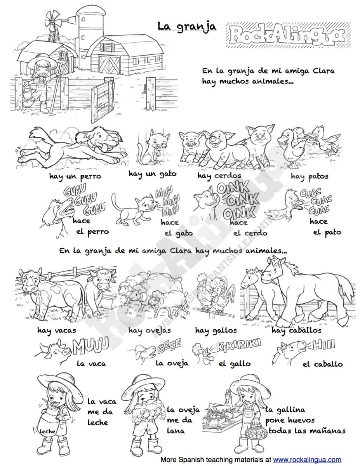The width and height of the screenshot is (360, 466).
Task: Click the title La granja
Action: [187, 26]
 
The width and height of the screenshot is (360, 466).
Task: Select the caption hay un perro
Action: [75, 176]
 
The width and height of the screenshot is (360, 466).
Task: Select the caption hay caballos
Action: [296, 330]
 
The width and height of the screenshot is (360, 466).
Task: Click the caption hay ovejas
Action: [150, 331]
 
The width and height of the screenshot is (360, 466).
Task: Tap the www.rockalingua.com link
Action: [307, 459]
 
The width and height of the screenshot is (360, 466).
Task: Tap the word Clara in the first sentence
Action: [320, 71]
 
